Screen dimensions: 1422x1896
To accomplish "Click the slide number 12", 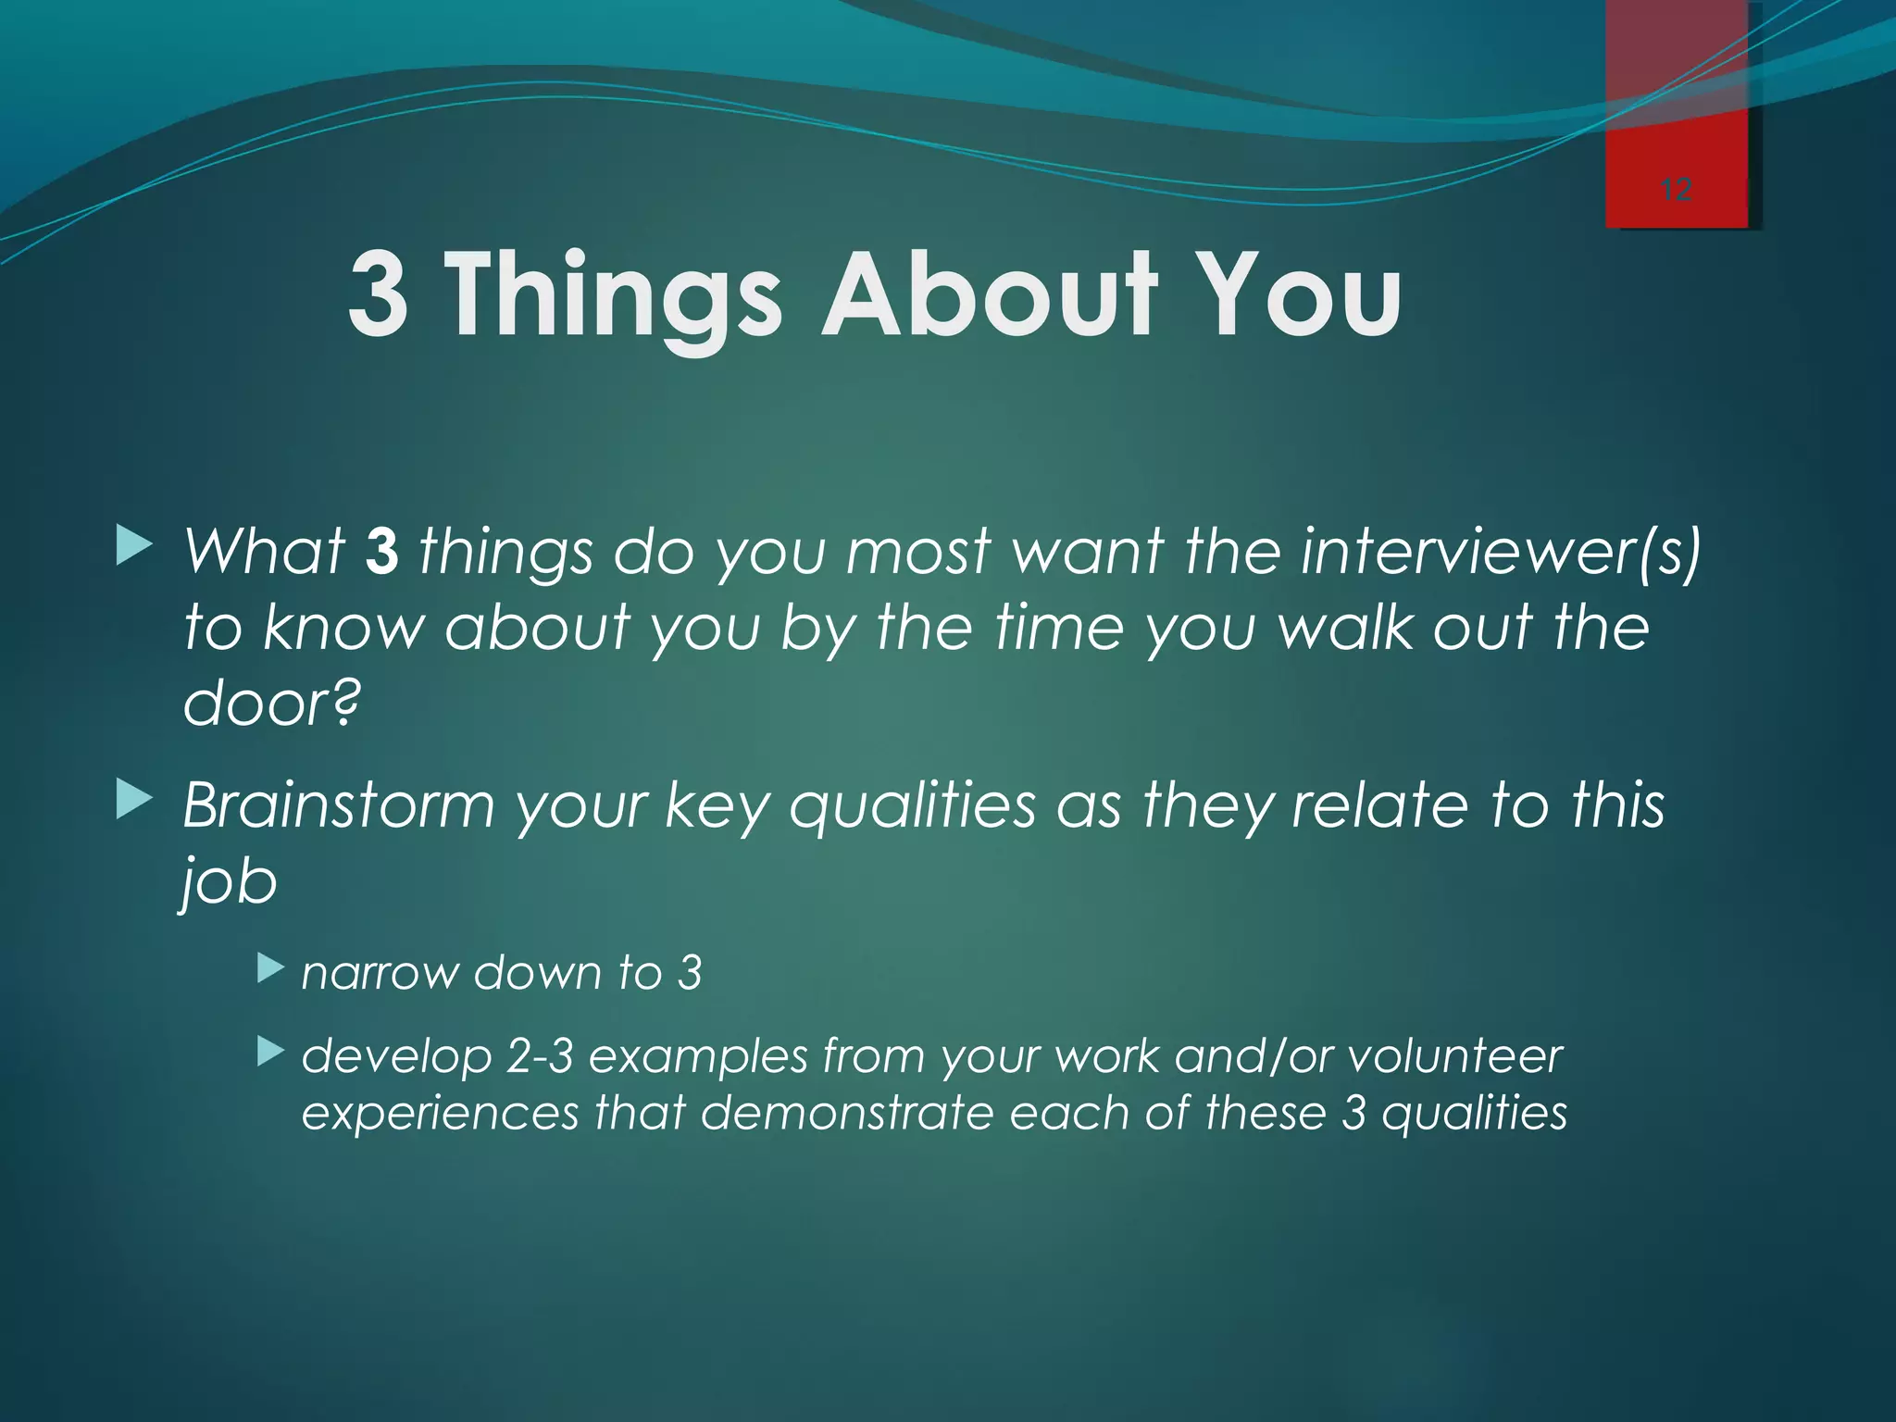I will [x=1677, y=191].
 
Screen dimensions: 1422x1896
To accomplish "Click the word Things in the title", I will [x=615, y=296].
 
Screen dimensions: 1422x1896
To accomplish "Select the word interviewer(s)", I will [x=1500, y=553].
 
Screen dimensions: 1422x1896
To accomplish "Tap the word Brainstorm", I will [x=339, y=805].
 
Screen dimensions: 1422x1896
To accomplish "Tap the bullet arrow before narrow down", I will [x=269, y=969].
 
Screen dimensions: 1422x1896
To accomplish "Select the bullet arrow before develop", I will [x=269, y=1051].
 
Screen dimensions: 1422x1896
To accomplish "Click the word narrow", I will [x=380, y=974].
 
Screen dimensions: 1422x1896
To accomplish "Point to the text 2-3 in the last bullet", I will [x=540, y=1056].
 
